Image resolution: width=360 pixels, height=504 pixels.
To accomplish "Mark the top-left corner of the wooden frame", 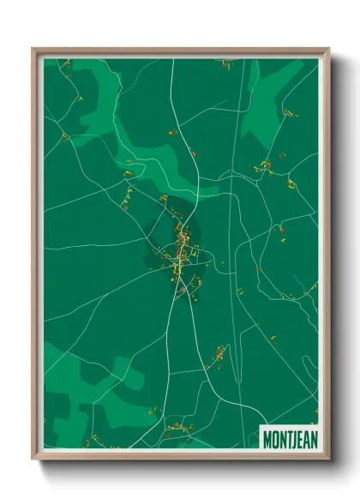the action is pyautogui.click(x=33, y=49).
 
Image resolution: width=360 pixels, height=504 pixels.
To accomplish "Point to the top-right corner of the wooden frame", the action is pyautogui.click(x=328, y=49).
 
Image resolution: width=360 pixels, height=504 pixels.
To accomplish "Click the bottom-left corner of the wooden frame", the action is pyautogui.click(x=33, y=459).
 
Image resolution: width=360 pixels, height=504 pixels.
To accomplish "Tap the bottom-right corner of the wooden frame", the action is pyautogui.click(x=328, y=459).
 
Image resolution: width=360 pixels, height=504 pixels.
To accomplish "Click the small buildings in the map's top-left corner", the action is pyautogui.click(x=65, y=63).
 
